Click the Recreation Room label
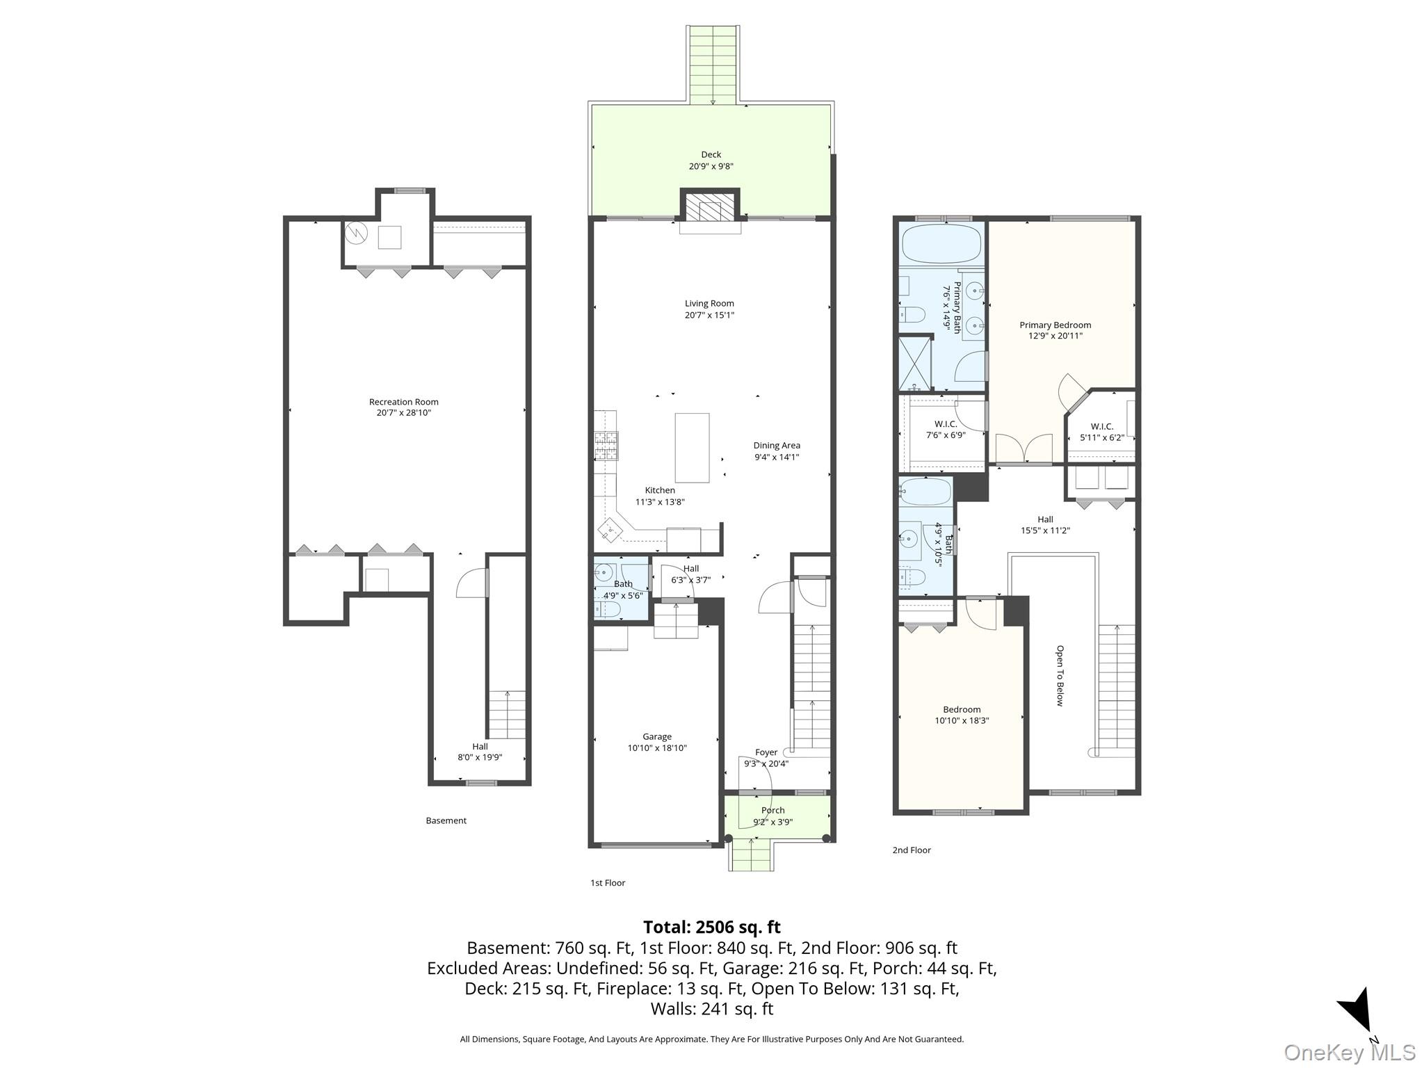[x=403, y=402]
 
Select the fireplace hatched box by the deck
[x=710, y=207]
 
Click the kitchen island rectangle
[x=693, y=448]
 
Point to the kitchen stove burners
[x=606, y=446]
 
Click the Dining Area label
[x=777, y=446]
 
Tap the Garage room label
[x=657, y=737]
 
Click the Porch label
[x=773, y=811]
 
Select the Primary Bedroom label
[x=1055, y=325]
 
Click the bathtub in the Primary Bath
[x=941, y=243]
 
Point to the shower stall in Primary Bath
[x=915, y=363]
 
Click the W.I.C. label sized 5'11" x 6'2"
[x=1102, y=427]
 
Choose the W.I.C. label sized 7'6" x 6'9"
[x=946, y=424]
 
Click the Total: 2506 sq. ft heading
[x=712, y=928]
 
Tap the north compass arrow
[x=1357, y=1019]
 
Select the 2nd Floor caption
[x=912, y=850]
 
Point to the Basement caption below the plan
[x=446, y=821]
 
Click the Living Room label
[x=709, y=304]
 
